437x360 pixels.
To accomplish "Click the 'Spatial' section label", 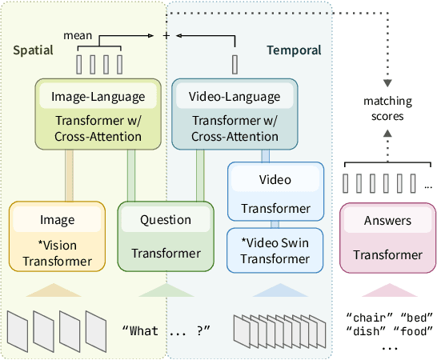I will tap(34, 50).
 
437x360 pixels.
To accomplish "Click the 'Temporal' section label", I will tap(294, 50).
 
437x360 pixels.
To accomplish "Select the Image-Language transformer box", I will tap(98, 113).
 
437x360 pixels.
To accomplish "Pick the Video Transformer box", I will tap(275, 191).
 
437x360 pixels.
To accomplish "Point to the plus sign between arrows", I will tap(166, 36).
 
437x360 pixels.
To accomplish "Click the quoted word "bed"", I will tap(414, 314).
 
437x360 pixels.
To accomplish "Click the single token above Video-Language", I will tap(235, 63).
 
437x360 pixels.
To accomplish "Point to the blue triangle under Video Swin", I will tap(275, 290).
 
